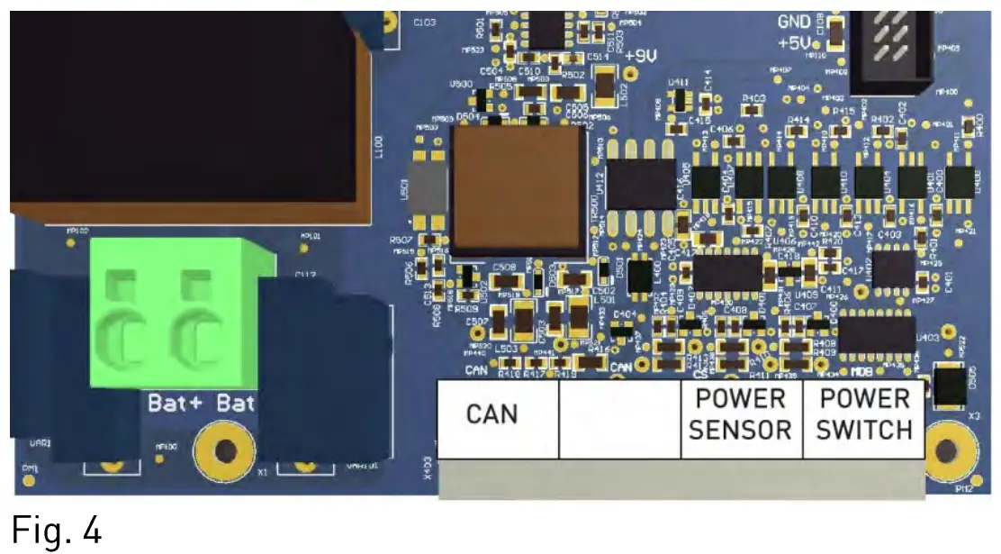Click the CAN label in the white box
[492, 413]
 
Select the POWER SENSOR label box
[740, 414]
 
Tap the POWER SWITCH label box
[863, 414]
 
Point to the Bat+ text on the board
[177, 403]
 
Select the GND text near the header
[794, 23]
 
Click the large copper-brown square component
[516, 189]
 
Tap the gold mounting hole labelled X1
[225, 450]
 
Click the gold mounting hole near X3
[946, 449]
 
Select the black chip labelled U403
[878, 333]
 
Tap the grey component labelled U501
[426, 189]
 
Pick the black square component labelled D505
[951, 385]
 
